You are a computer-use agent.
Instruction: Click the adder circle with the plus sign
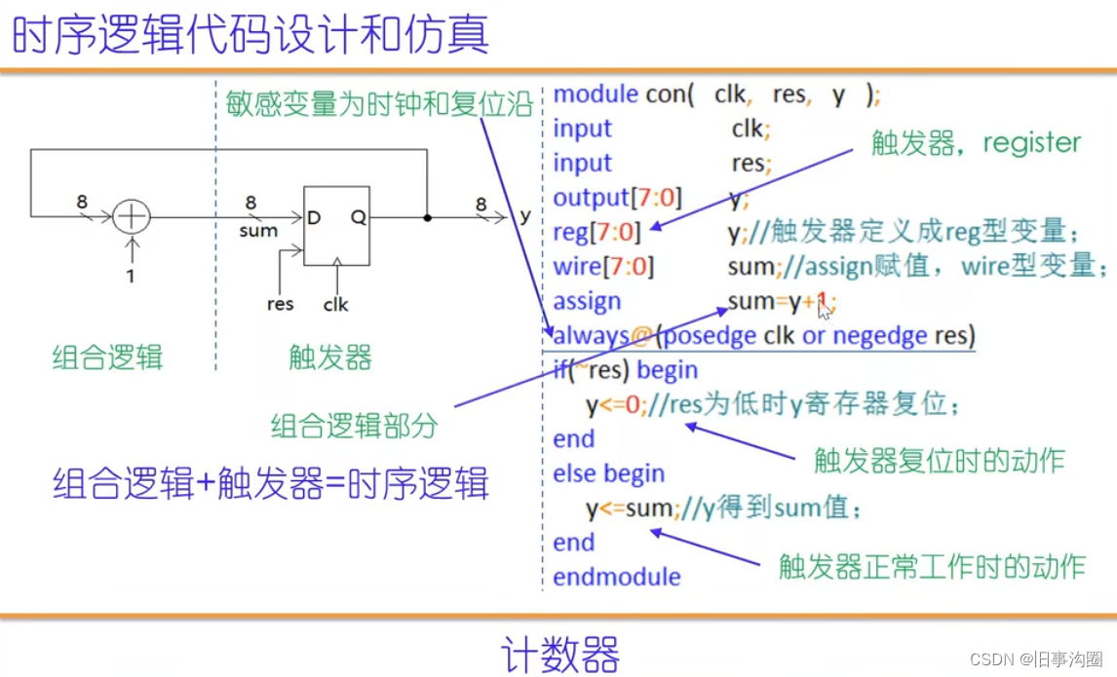131,216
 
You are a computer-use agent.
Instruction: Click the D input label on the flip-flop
314,218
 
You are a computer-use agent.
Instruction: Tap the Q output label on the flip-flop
358,218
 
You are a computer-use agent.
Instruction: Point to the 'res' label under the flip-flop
280,304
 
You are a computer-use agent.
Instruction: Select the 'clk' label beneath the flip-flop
336,304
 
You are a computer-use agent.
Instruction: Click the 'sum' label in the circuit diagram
258,231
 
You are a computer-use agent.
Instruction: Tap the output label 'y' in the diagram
524,216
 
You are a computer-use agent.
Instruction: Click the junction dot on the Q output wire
427,216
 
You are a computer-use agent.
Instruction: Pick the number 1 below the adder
131,276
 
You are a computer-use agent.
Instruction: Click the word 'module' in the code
597,94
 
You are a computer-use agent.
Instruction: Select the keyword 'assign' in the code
587,302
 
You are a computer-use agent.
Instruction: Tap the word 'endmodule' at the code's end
617,577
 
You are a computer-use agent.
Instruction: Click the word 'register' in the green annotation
1032,143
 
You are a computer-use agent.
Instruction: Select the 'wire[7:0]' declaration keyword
603,267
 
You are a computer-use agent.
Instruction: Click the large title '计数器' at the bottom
560,652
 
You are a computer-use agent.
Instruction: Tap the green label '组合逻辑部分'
355,426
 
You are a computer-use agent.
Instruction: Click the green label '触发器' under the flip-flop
330,357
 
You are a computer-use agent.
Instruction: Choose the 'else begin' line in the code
608,474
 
